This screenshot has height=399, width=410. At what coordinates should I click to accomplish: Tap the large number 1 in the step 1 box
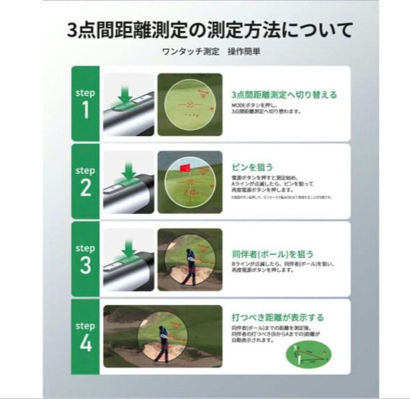coord(85,111)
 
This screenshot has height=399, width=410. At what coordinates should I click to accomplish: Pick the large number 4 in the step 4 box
coord(85,344)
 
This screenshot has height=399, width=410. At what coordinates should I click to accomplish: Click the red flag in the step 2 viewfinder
coord(185,167)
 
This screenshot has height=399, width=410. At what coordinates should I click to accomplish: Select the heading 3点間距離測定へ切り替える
coord(284,95)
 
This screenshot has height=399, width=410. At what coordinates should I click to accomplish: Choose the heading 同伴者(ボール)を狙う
coord(273,254)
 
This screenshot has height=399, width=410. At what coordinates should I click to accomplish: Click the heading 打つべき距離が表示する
coord(278,317)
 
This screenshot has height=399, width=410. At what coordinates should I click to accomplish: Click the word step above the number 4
coord(85,326)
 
